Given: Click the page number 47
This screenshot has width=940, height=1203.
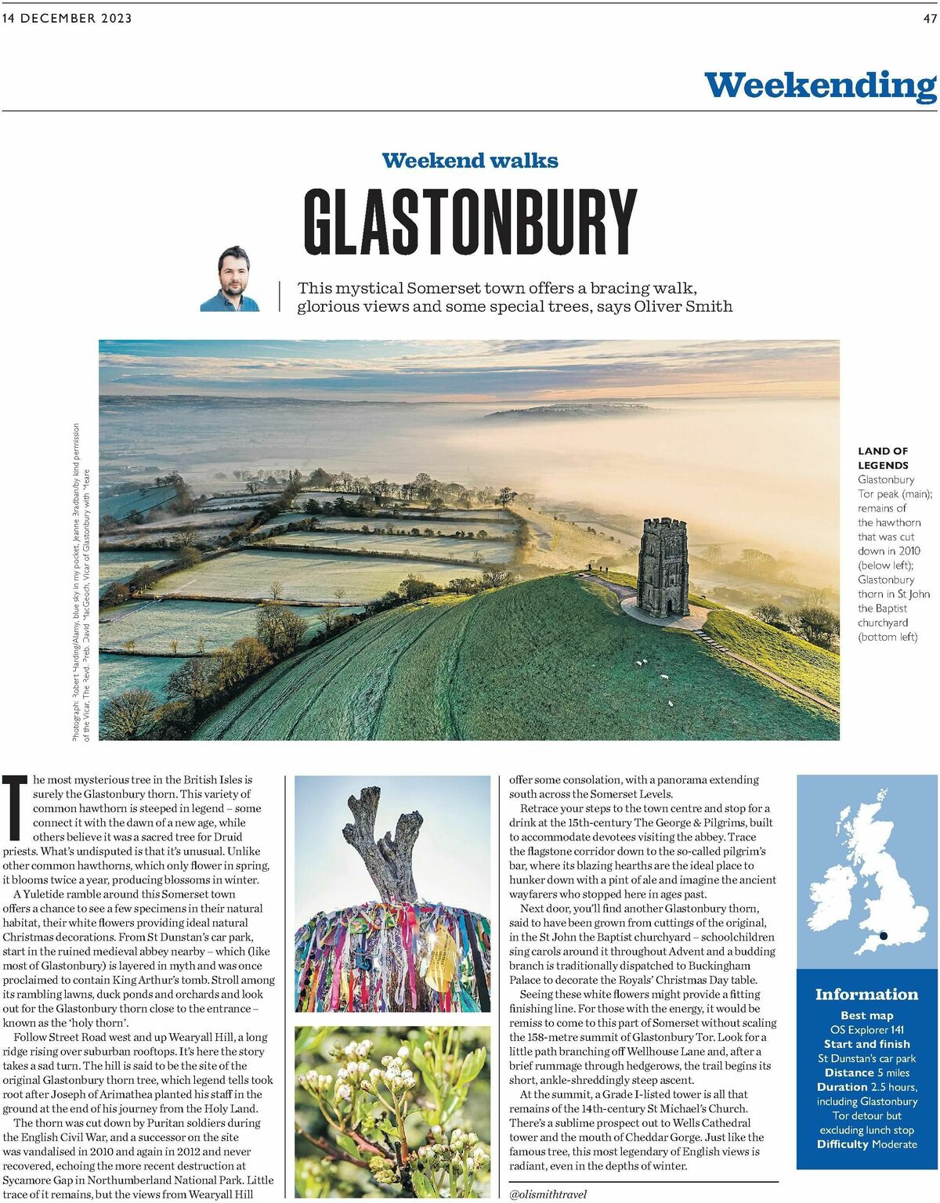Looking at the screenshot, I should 929,19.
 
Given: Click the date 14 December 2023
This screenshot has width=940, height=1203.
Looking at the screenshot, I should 67,19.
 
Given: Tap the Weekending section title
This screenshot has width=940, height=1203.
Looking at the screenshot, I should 819,85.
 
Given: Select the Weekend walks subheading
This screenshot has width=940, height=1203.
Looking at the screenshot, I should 470,161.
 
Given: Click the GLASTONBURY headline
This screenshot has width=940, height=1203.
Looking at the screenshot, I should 470,221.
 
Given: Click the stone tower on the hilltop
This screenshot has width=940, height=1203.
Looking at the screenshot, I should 663,565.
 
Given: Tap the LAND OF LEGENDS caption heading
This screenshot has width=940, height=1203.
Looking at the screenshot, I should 883,457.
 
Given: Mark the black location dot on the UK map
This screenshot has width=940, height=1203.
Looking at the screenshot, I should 883,935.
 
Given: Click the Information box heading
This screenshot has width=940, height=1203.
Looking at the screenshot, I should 866,994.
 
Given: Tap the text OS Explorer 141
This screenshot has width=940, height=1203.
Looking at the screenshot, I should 866,1030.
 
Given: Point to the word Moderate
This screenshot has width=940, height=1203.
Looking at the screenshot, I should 895,1144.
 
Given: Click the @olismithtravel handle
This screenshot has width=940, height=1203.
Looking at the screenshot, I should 548,1194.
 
